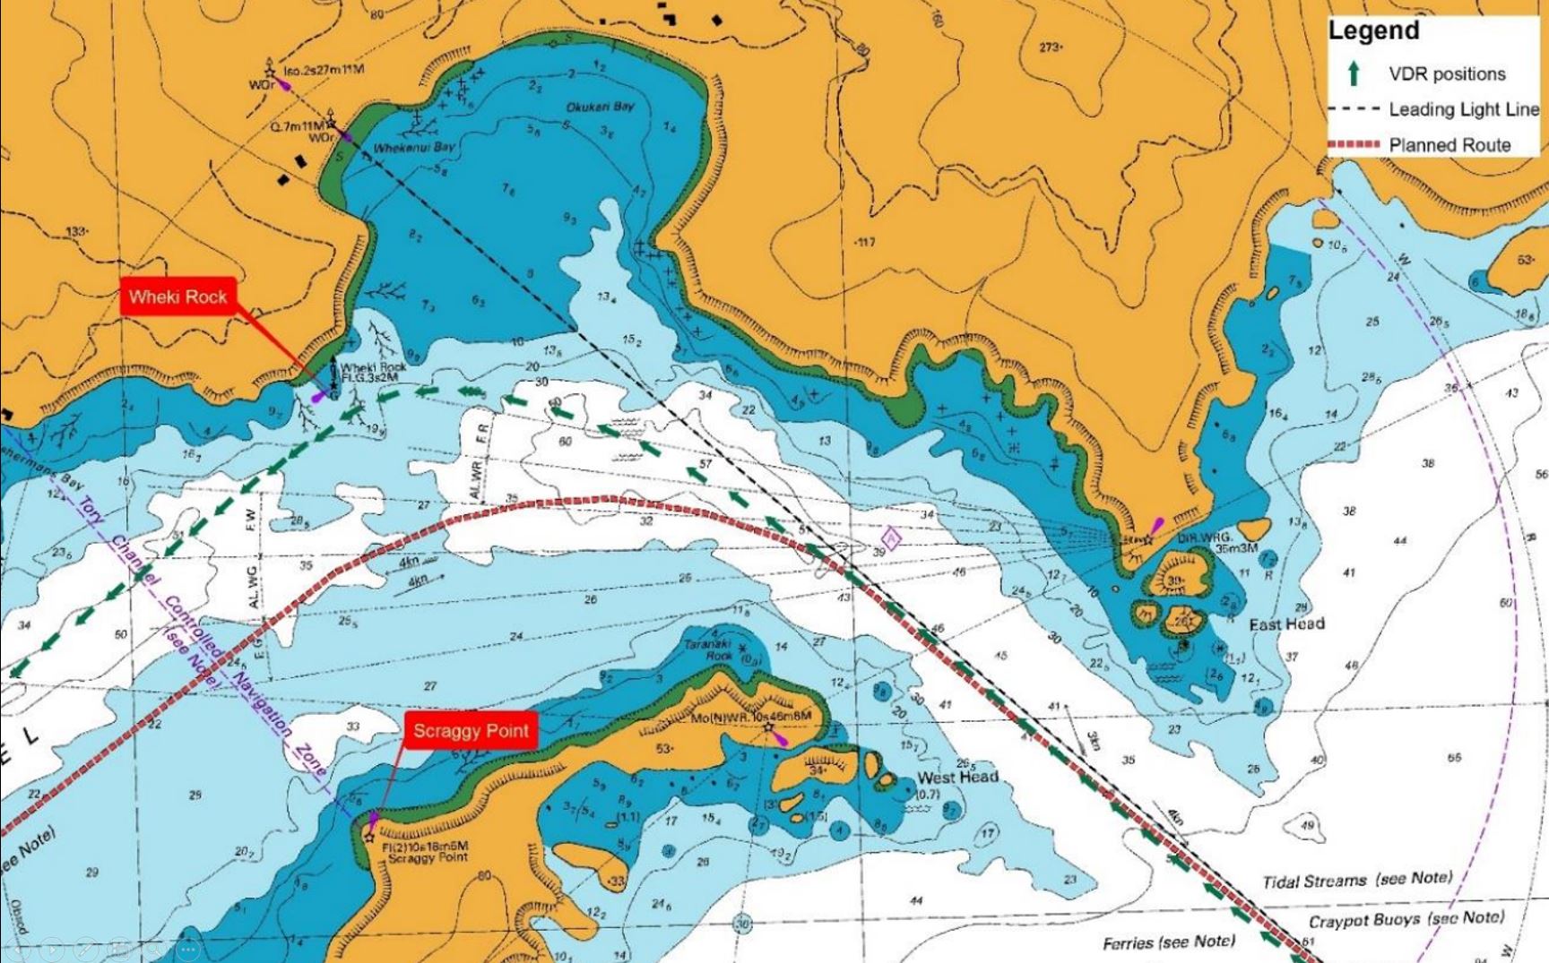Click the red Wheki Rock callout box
pos(177,297)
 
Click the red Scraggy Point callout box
pos(471,731)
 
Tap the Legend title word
pos(1373,30)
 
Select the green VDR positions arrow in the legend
pos(1354,73)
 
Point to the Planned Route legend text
pos(1449,145)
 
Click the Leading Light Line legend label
pos(1464,109)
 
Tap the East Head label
pos(1286,624)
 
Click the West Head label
pos(957,777)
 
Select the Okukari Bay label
pos(600,107)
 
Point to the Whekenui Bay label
pos(414,147)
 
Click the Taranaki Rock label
pos(708,649)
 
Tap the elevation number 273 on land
pos(1050,47)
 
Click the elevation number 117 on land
pos(865,242)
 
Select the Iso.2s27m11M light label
pos(324,70)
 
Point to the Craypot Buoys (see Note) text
pos(1406,919)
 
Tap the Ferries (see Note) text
pos(1168,942)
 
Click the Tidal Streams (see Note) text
pos(1357,880)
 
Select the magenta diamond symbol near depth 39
pos(891,537)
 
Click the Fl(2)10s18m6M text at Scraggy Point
pos(425,847)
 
